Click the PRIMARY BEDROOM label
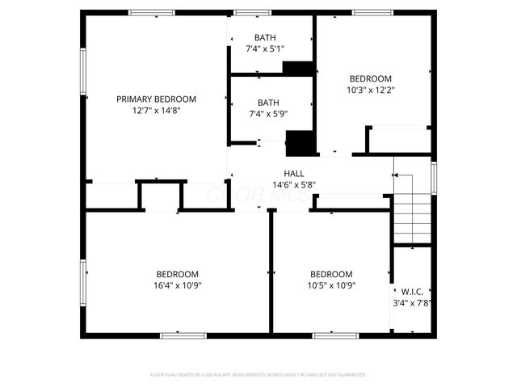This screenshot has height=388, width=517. [x=156, y=99]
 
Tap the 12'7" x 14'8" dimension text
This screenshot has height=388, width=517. [x=156, y=111]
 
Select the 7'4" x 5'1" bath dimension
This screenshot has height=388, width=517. [x=265, y=49]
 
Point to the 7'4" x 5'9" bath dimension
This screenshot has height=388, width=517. [x=268, y=114]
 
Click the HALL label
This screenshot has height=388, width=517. [x=294, y=174]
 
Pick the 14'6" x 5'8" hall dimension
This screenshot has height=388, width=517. [x=294, y=184]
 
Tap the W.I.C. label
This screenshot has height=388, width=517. [x=412, y=292]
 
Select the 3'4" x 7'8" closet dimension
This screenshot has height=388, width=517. [x=412, y=303]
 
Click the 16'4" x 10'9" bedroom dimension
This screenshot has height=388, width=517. [x=177, y=285]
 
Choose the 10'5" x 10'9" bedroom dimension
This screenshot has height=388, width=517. [x=331, y=285]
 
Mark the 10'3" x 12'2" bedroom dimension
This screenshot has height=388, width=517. [x=371, y=90]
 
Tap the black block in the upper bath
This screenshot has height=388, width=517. [x=297, y=70]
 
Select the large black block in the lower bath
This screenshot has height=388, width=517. [x=301, y=143]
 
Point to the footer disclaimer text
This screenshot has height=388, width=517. [x=258, y=375]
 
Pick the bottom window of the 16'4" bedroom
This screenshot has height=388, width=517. [x=177, y=335]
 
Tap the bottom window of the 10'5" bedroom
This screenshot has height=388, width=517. [x=335, y=335]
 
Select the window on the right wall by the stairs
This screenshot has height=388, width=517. [x=434, y=178]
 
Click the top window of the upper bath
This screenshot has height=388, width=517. [x=251, y=12]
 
